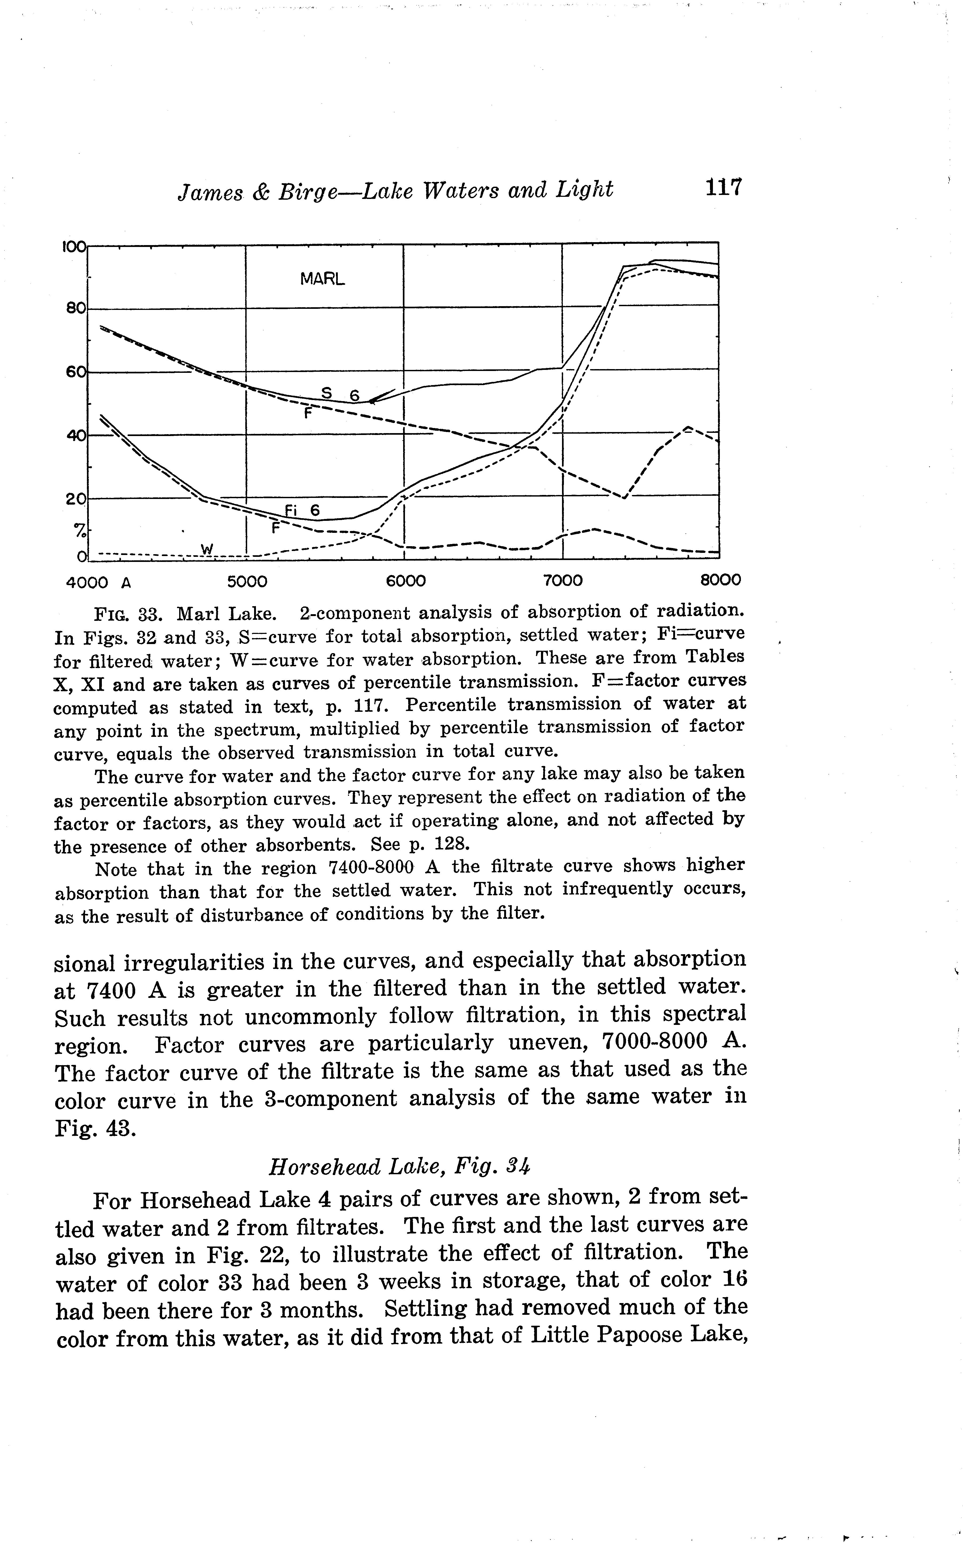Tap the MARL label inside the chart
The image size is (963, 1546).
pyautogui.click(x=322, y=279)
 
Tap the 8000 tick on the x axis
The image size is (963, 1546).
pyautogui.click(x=720, y=581)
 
